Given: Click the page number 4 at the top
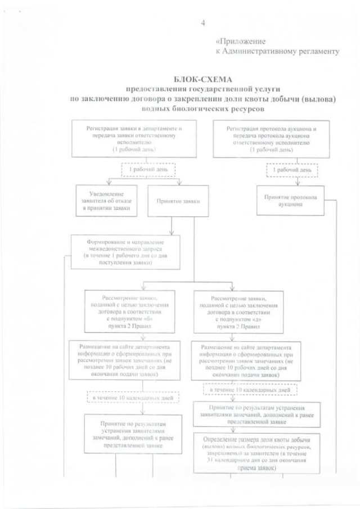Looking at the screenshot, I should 203,22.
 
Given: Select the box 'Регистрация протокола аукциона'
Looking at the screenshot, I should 271,139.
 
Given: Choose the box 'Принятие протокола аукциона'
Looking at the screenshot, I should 290,200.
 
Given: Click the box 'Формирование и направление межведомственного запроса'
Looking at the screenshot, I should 125,251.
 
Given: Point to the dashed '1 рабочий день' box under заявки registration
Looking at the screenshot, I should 148,169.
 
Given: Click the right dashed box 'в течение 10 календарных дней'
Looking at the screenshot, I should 250,389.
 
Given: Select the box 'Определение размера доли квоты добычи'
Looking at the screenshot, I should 256,454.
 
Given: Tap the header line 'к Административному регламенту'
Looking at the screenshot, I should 277,51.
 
